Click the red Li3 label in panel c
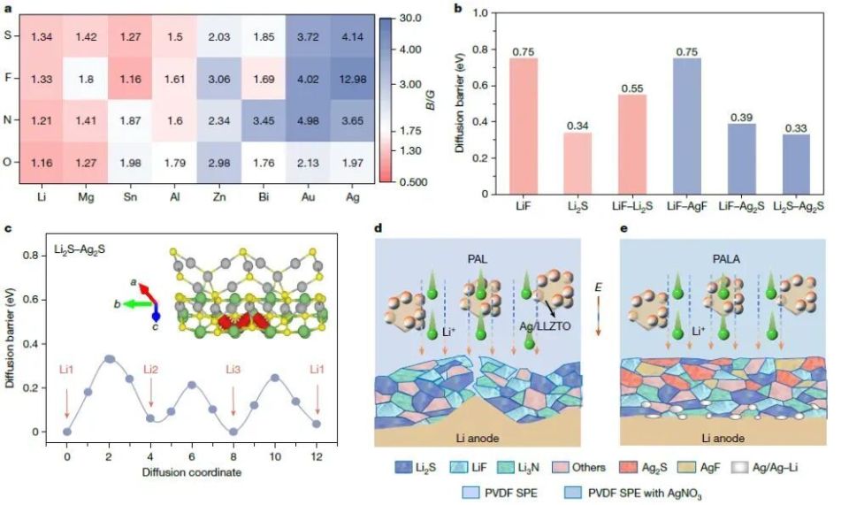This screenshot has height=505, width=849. tap(233, 366)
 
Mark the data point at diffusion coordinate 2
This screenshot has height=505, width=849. tap(109, 358)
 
